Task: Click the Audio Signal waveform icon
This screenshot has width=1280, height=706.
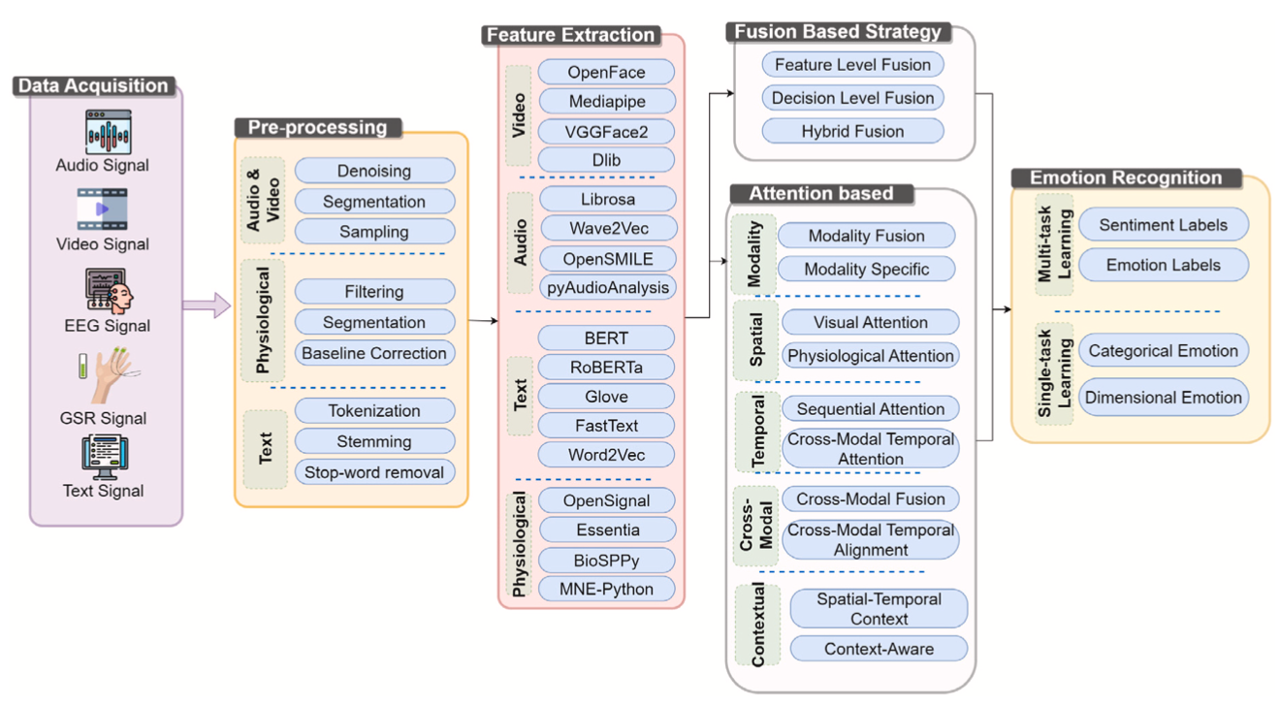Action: pyautogui.click(x=108, y=131)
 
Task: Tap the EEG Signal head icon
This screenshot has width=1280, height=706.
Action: pyautogui.click(x=108, y=290)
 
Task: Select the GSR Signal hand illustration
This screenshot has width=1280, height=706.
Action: pyautogui.click(x=107, y=377)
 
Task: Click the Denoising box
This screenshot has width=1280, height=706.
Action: pyautogui.click(x=374, y=171)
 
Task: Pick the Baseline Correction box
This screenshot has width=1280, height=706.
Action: pyautogui.click(x=374, y=353)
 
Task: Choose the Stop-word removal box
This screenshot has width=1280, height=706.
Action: pyautogui.click(x=374, y=472)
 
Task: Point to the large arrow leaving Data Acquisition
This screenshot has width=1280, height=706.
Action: pyautogui.click(x=207, y=307)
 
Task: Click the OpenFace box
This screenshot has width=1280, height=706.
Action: pyautogui.click(x=606, y=72)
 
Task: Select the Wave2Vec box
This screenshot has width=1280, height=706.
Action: pyautogui.click(x=608, y=228)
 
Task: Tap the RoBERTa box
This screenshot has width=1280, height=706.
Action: pyautogui.click(x=606, y=368)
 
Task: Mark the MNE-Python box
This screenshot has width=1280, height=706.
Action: pyautogui.click(x=606, y=589)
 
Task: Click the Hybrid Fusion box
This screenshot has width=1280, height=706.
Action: pyautogui.click(x=852, y=131)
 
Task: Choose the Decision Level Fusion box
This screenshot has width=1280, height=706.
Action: pyautogui.click(x=852, y=98)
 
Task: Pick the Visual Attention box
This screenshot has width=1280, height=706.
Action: pyautogui.click(x=870, y=322)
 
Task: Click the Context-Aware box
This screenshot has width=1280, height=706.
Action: pyautogui.click(x=879, y=649)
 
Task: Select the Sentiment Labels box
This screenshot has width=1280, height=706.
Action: pyautogui.click(x=1163, y=225)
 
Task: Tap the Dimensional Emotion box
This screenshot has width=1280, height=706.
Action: pyautogui.click(x=1163, y=397)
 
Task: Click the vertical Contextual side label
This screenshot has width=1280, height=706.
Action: pyautogui.click(x=758, y=625)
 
